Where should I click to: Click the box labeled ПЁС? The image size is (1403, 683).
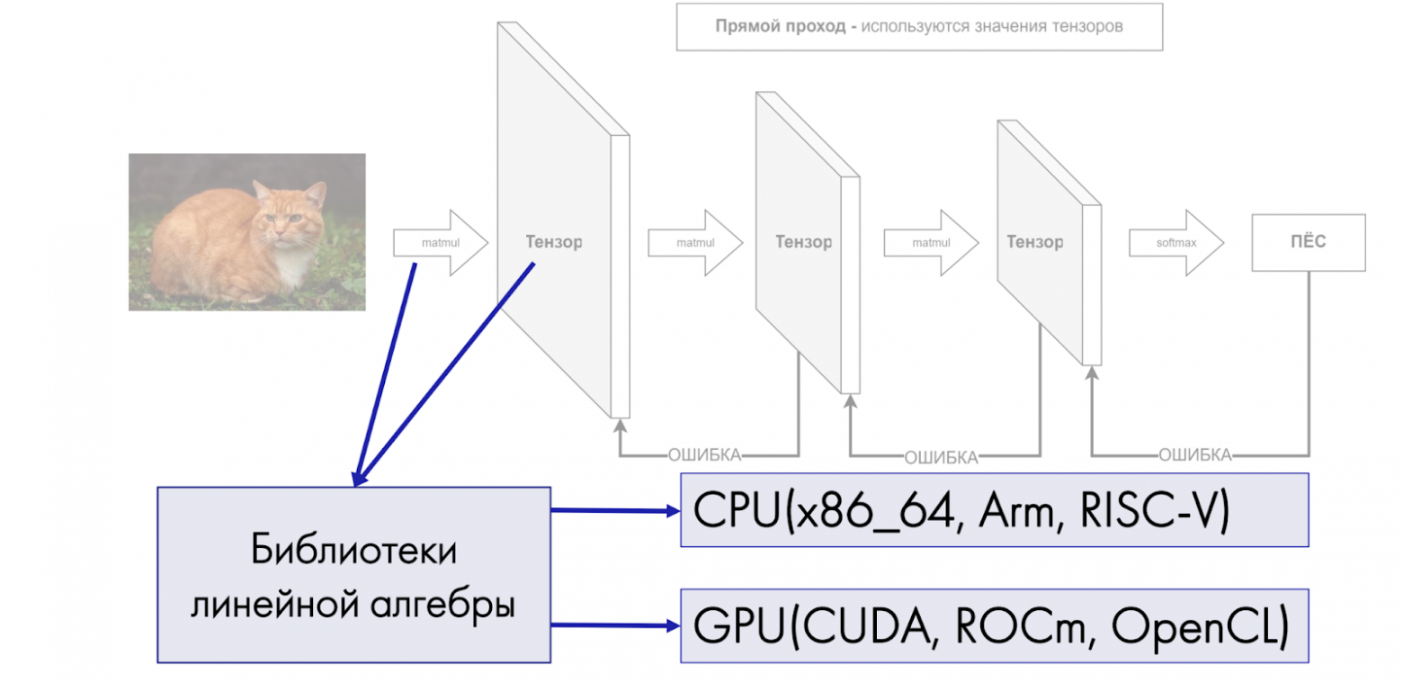tap(1308, 242)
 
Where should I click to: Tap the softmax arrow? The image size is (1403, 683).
tap(1175, 242)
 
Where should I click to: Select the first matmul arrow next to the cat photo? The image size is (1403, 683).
tap(439, 242)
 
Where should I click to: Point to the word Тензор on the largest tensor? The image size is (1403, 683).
tap(553, 241)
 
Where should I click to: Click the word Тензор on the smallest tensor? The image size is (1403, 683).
tap(1034, 241)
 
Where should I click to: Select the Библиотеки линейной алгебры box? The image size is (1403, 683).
tap(353, 575)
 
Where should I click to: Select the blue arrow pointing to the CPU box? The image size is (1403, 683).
tap(614, 511)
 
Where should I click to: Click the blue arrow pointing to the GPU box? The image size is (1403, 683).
tap(614, 625)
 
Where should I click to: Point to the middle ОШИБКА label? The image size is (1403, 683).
tap(940, 457)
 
